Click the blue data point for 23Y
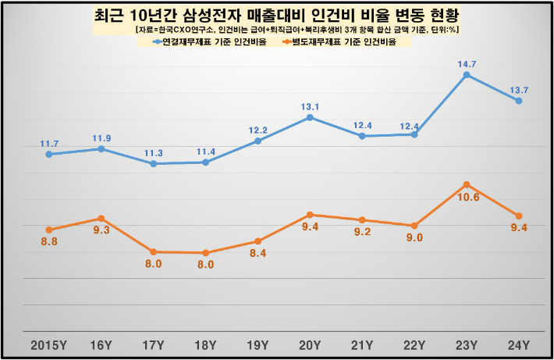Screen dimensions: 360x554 click(x=466, y=75)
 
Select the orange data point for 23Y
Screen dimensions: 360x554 click(x=466, y=184)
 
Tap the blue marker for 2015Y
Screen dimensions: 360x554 click(x=49, y=155)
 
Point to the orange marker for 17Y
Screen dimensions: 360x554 click(x=153, y=252)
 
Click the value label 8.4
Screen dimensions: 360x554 click(x=257, y=253)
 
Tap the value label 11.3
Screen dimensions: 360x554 click(x=153, y=152)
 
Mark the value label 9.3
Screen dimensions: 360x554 click(x=101, y=230)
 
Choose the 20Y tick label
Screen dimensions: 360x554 click(x=310, y=344)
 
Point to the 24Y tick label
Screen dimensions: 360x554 click(x=518, y=344)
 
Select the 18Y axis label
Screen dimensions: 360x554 click(x=205, y=344)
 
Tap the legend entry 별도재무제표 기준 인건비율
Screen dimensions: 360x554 click(x=347, y=42)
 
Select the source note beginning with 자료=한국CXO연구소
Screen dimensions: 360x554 click(x=297, y=29)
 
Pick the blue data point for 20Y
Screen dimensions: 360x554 click(x=310, y=117)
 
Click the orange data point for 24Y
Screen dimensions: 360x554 click(x=518, y=216)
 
